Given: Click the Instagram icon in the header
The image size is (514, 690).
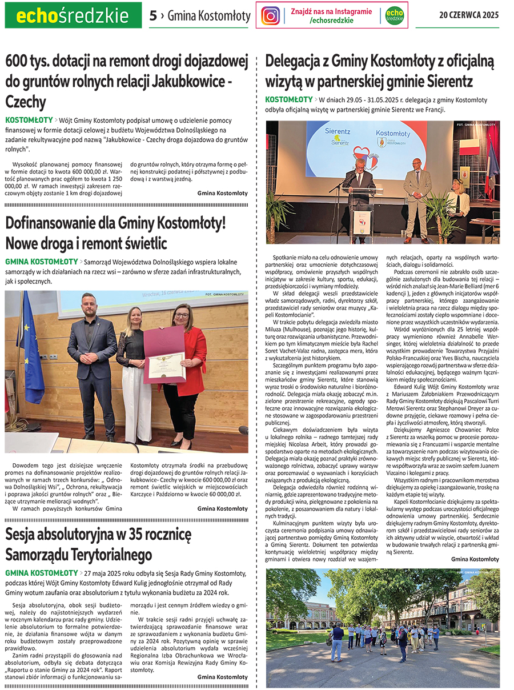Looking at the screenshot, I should pos(271,15).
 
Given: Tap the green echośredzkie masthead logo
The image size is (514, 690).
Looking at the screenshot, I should pos(73,16).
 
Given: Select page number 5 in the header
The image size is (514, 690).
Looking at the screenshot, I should pos(152,16).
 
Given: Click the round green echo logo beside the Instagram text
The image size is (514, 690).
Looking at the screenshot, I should pos(394,15).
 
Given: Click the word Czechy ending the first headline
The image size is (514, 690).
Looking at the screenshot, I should pos(26,102).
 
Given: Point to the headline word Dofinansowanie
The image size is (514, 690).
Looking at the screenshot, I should pos(58,223).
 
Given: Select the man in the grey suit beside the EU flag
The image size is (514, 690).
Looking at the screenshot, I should pos(93,360).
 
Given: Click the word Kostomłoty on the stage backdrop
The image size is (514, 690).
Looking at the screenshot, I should pos(393,133).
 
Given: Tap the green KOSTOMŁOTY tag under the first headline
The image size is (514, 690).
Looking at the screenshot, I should pos(29,120).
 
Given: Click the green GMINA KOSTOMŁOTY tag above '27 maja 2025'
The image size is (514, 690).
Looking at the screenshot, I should pos(42,572).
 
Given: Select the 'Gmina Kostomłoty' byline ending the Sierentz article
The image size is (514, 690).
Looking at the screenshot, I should pos(475,559).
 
